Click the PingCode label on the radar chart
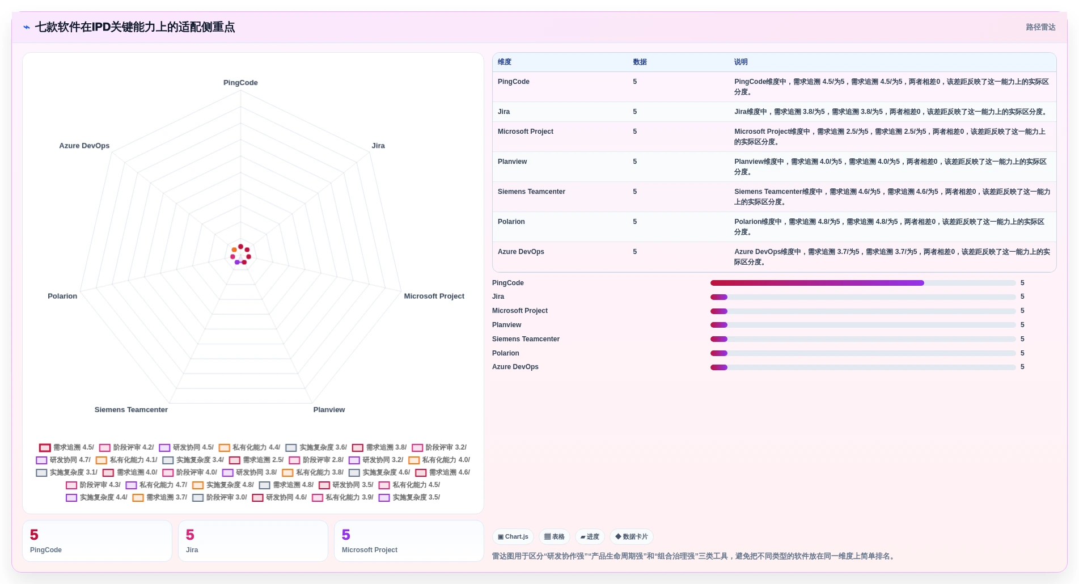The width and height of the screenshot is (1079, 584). (240, 83)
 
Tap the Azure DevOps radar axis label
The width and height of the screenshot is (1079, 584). (84, 146)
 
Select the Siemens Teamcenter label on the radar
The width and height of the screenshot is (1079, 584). (131, 410)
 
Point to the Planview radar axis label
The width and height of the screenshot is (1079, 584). (329, 410)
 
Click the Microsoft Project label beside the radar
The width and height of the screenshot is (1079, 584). (434, 296)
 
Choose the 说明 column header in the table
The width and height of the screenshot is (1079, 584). (741, 62)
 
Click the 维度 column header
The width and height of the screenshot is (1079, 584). (505, 62)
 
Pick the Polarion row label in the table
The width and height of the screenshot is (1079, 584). (511, 222)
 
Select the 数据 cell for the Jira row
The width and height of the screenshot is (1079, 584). (635, 112)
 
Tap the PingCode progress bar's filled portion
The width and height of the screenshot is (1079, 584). (817, 283)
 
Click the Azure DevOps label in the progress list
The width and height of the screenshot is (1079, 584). (515, 367)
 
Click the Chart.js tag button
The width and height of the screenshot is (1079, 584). (513, 536)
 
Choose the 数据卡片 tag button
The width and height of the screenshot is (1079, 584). (631, 536)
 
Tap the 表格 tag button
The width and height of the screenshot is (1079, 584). (554, 536)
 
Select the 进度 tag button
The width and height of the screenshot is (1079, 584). (590, 536)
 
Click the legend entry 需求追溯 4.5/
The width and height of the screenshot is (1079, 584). (67, 447)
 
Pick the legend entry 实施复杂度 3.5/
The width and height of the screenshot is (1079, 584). (409, 497)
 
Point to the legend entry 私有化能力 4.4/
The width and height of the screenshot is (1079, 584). (249, 447)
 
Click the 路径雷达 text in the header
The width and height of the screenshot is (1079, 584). (1040, 27)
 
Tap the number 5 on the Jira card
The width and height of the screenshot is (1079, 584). (190, 535)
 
